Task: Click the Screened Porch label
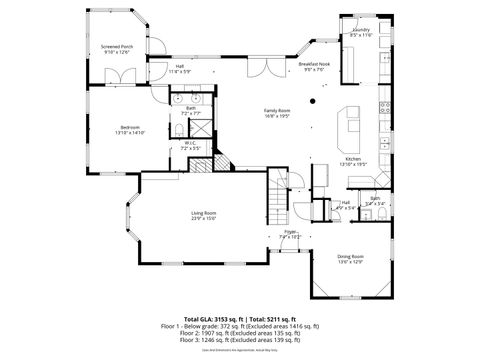tap(116, 50)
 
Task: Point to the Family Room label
tap(277, 113)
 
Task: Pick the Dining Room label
tap(350, 258)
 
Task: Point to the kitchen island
tap(350, 122)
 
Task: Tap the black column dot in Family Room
tap(313, 101)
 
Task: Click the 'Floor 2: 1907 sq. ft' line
tap(240, 333)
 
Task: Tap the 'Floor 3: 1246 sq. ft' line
tap(240, 341)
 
